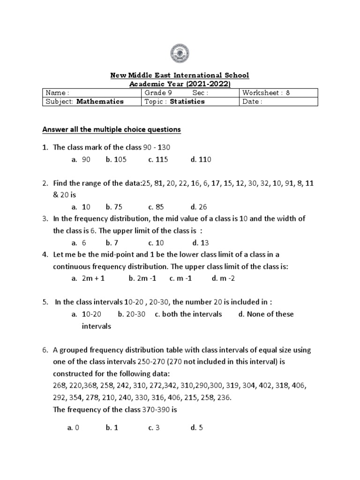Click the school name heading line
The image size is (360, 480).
coord(180,75)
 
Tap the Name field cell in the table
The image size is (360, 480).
coord(91,93)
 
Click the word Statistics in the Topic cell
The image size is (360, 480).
coord(187,101)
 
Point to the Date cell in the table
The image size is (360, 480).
coord(278,102)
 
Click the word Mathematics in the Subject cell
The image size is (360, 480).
coord(100,101)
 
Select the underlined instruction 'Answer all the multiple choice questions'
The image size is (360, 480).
coord(112,129)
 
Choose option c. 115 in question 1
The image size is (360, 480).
coord(158,159)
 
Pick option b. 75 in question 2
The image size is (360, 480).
coord(112,207)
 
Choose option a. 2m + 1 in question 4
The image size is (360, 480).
coord(88,278)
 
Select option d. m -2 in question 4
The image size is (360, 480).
coord(223,278)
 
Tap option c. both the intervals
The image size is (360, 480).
coord(188,314)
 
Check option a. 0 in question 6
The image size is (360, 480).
coord(74,427)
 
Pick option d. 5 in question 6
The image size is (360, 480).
coord(197,427)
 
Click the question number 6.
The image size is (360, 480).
coord(45,350)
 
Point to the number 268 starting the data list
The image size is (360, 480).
coord(60,385)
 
